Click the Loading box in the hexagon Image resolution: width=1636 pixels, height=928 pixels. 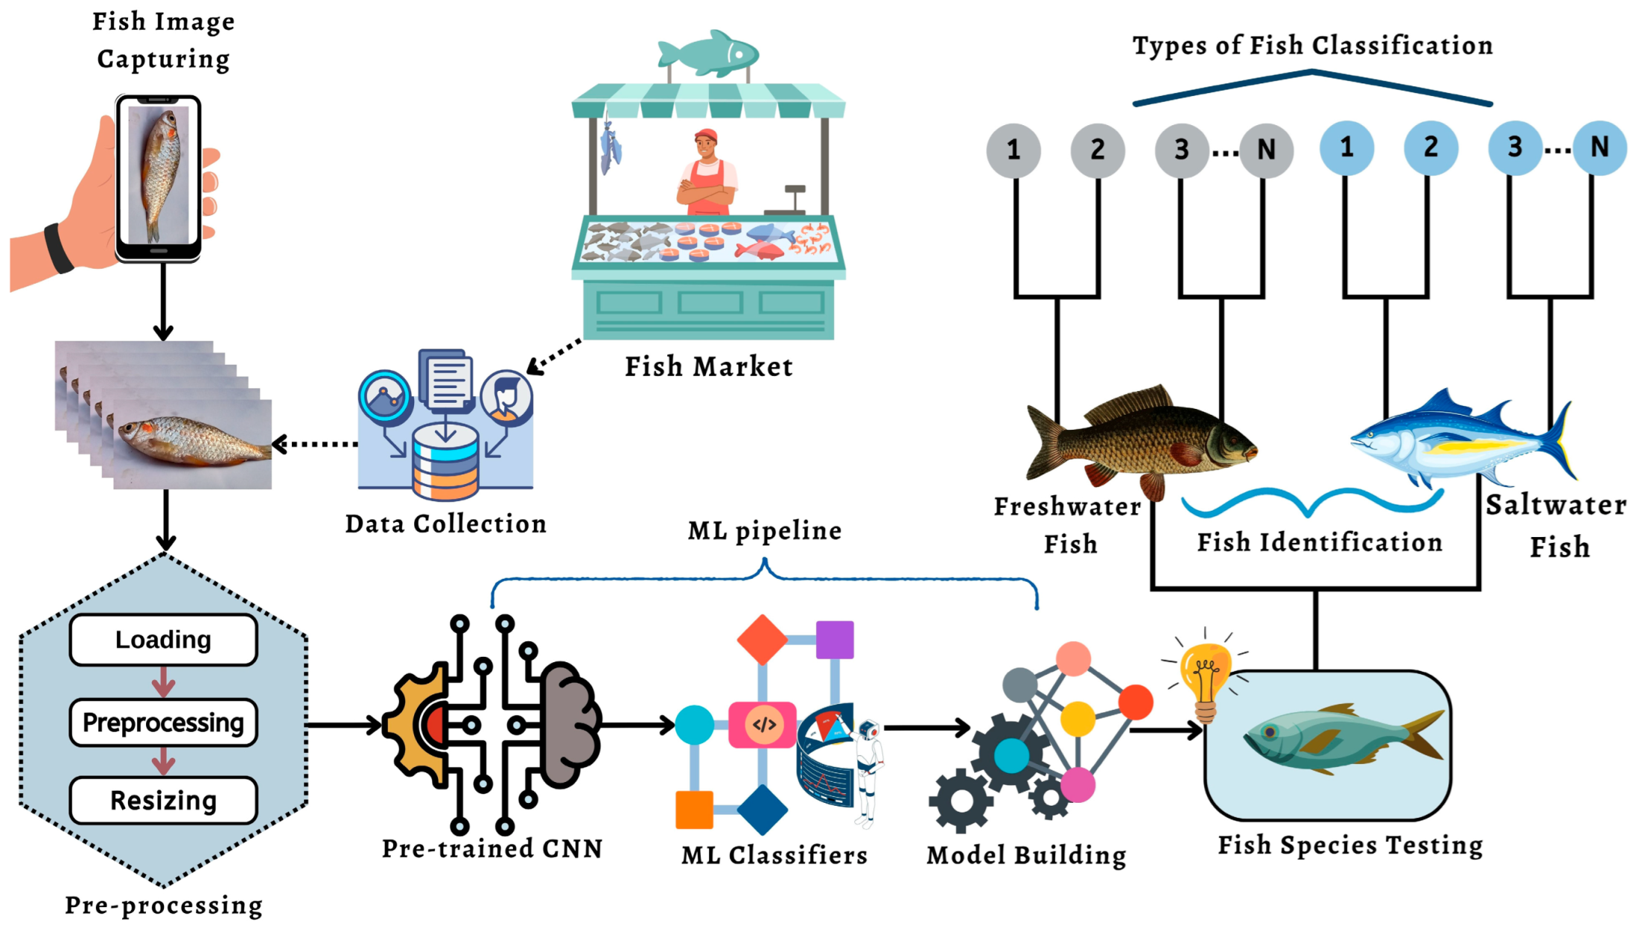click(163, 640)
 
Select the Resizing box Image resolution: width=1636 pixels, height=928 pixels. click(163, 801)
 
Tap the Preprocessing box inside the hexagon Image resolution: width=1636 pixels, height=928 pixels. click(163, 722)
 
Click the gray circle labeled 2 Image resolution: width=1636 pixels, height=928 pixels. click(1098, 150)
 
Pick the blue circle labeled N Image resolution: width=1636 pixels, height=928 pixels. click(1600, 147)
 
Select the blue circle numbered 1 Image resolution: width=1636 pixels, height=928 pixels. click(1346, 147)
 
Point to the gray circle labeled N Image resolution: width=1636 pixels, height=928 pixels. click(1266, 150)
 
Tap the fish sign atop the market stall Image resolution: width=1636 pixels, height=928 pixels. click(708, 54)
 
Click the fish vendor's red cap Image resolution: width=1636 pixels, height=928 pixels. click(705, 136)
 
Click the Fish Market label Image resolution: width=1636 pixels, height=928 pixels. click(708, 366)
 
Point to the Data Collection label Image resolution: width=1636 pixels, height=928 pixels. click(445, 524)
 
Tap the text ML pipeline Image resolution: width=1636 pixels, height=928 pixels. click(764, 531)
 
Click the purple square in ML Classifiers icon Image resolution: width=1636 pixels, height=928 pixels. click(835, 640)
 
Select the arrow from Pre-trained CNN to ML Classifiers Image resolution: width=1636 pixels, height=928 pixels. click(637, 725)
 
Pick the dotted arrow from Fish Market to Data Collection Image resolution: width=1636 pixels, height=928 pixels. click(555, 356)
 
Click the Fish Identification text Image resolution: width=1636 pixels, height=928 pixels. click(1319, 542)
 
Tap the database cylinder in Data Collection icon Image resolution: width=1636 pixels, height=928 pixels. click(445, 462)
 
